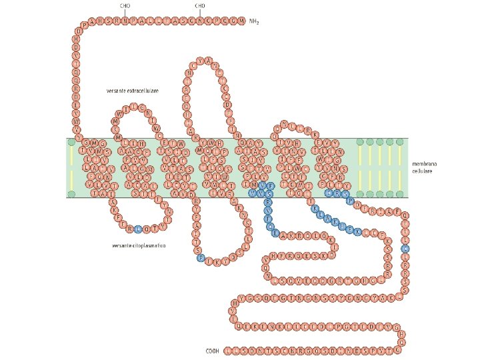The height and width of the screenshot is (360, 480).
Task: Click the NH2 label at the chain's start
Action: click(x=253, y=21)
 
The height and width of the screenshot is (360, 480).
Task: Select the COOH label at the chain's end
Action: click(x=213, y=349)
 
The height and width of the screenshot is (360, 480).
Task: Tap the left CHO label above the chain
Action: click(x=125, y=6)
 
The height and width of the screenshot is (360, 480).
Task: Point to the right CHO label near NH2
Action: click(x=200, y=6)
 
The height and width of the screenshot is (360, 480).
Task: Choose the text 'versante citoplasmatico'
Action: click(x=139, y=245)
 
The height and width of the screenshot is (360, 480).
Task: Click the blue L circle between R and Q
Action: click(x=138, y=229)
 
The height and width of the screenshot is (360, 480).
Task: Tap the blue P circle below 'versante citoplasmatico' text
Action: click(x=201, y=258)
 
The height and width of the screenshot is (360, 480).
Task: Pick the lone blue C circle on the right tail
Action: click(x=405, y=249)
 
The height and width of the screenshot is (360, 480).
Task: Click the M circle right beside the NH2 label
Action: click(x=241, y=21)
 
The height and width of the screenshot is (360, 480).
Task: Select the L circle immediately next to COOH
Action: click(x=228, y=349)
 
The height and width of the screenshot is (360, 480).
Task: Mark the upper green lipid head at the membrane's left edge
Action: click(x=71, y=141)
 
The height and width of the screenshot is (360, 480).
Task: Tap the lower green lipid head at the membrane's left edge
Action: click(x=71, y=194)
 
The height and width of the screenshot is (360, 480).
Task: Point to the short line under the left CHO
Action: click(x=125, y=13)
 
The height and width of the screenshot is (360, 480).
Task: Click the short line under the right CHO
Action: click(x=200, y=13)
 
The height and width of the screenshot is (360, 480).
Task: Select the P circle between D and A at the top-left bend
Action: click(x=84, y=25)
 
